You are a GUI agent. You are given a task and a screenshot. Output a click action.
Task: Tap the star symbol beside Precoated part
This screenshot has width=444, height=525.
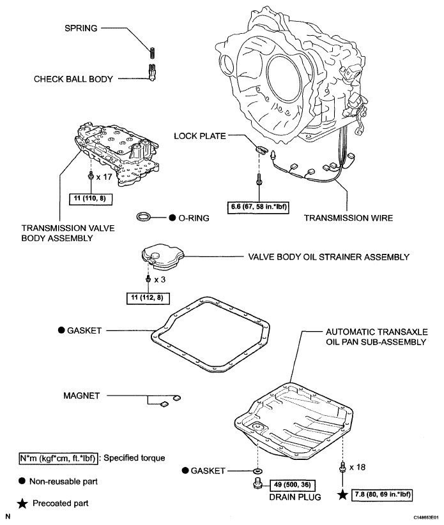coord(23,503)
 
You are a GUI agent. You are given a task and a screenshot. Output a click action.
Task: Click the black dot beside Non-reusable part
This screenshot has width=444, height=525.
coord(23,479)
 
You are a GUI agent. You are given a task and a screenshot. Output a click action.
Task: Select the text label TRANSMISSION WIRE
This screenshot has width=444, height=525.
coord(348,218)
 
